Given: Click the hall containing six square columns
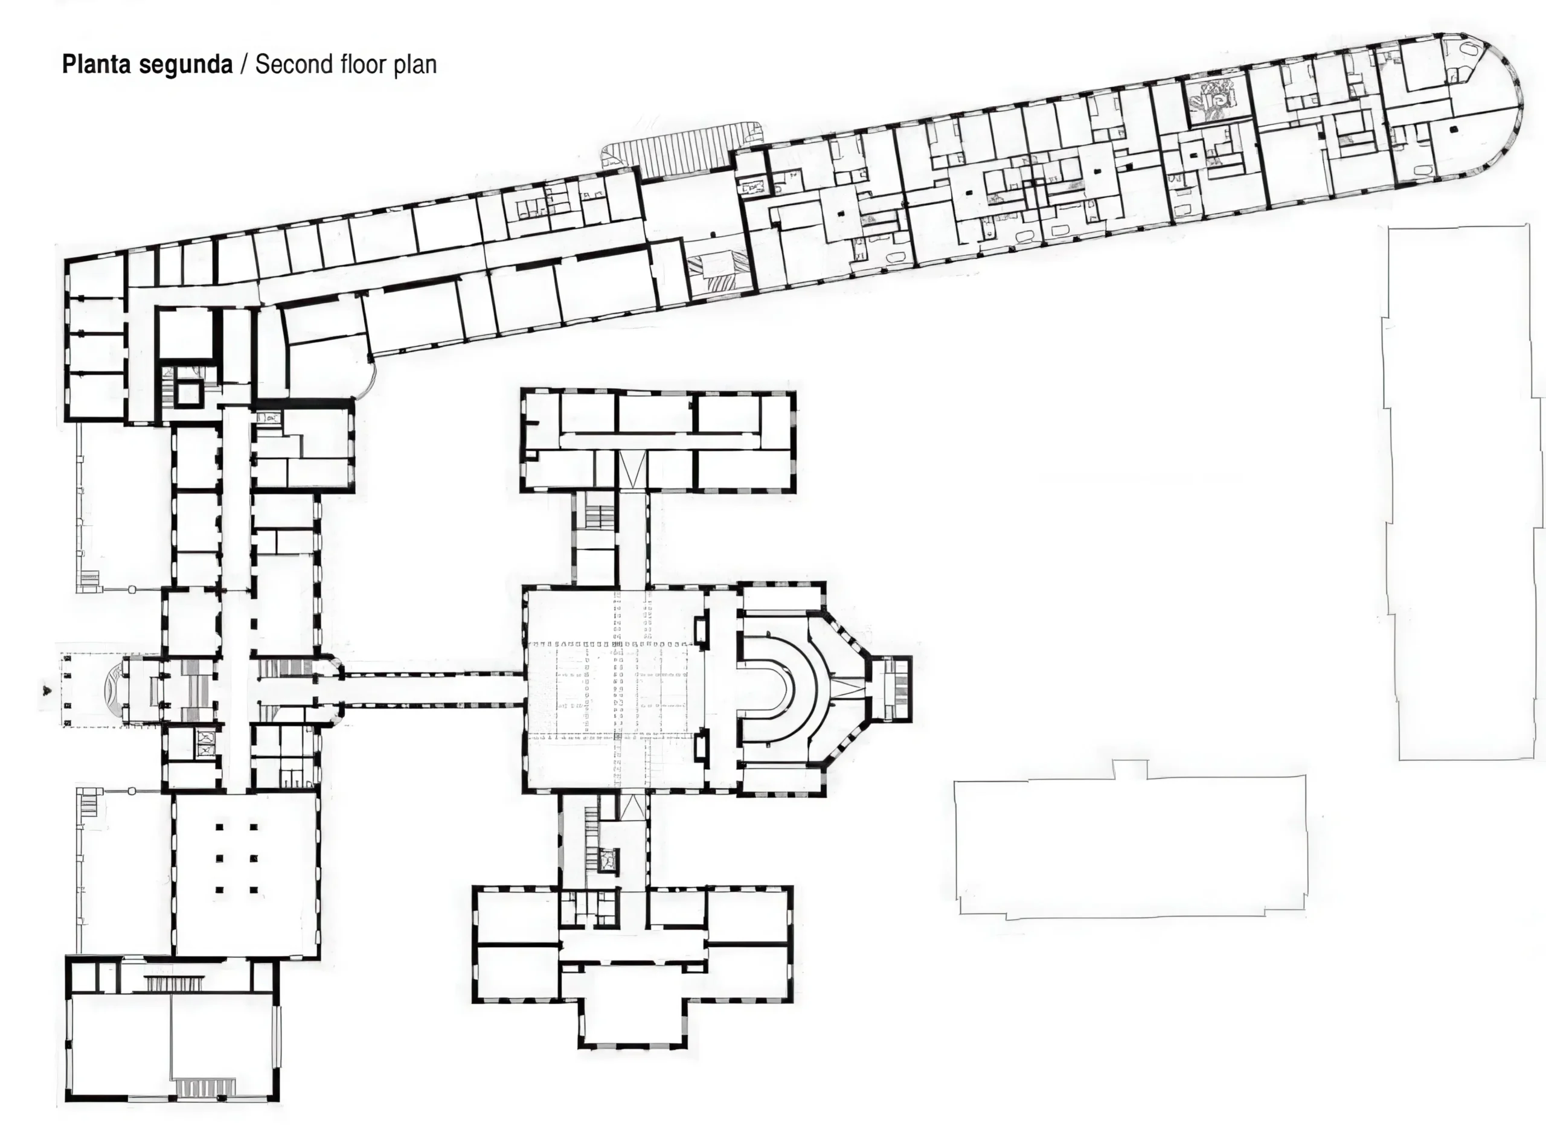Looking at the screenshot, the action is (x=246, y=874).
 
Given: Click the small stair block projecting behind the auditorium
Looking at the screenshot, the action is (x=892, y=688).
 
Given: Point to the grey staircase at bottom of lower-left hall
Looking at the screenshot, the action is (x=206, y=1086).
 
